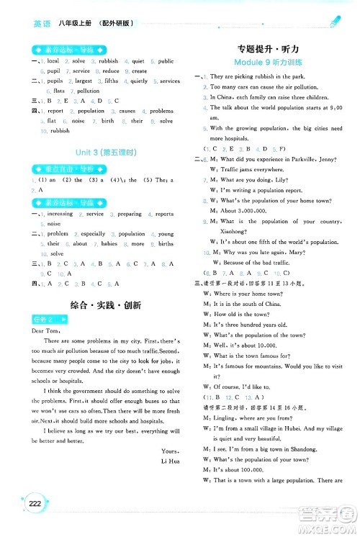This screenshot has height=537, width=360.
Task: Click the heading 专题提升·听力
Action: tap(271, 48)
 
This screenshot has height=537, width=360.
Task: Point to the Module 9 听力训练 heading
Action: tap(271, 63)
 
